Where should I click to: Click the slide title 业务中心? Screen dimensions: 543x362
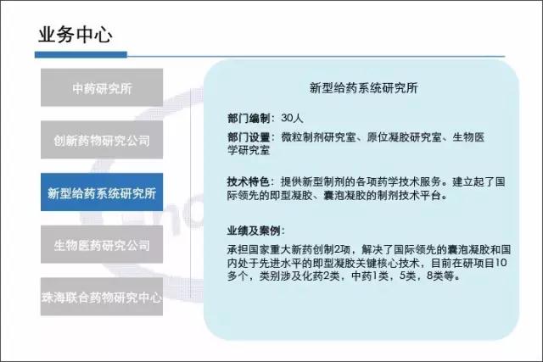point(76,35)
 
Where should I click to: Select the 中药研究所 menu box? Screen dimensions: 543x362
point(102,87)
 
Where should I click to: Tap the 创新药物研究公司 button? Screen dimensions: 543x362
point(102,140)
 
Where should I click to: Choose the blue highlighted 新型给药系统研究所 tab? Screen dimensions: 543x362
point(102,192)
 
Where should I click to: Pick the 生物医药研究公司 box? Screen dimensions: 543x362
point(102,244)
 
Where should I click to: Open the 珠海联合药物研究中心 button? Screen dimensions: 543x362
point(102,297)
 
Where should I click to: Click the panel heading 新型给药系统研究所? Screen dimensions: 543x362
point(364,88)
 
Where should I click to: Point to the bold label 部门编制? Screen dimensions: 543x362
point(249,119)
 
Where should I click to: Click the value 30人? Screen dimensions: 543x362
point(292,119)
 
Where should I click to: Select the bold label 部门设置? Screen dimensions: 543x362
point(249,137)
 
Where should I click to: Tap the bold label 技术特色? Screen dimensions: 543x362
point(249,181)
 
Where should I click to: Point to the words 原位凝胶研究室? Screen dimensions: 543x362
point(404,137)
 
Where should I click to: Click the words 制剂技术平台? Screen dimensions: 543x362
point(409,196)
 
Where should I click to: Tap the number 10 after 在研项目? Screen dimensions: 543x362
point(501,263)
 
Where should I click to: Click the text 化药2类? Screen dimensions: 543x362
point(318,276)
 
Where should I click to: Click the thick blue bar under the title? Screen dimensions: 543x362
point(81,54)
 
